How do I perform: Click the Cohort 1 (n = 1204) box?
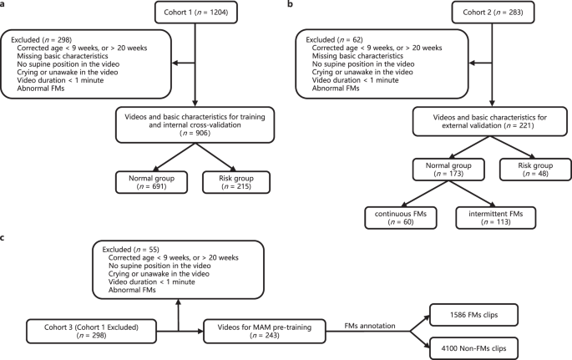196,13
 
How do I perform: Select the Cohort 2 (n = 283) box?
493,13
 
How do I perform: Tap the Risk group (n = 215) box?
236,182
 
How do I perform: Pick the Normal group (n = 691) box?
151,182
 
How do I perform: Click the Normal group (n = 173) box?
448,170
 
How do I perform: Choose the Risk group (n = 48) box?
535,170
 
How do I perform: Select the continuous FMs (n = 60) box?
401,218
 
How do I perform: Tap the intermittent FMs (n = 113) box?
496,218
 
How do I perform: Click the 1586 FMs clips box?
473,315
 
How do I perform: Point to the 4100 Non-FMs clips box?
473,348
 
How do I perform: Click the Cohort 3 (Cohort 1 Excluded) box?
91,332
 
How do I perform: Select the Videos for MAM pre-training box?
265,332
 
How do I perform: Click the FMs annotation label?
370,326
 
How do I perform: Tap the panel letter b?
291,5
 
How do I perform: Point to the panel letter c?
3,238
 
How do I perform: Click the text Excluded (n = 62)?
334,40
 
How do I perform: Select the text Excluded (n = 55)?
130,250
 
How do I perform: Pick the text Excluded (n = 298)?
41,40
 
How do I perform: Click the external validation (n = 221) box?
490,121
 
